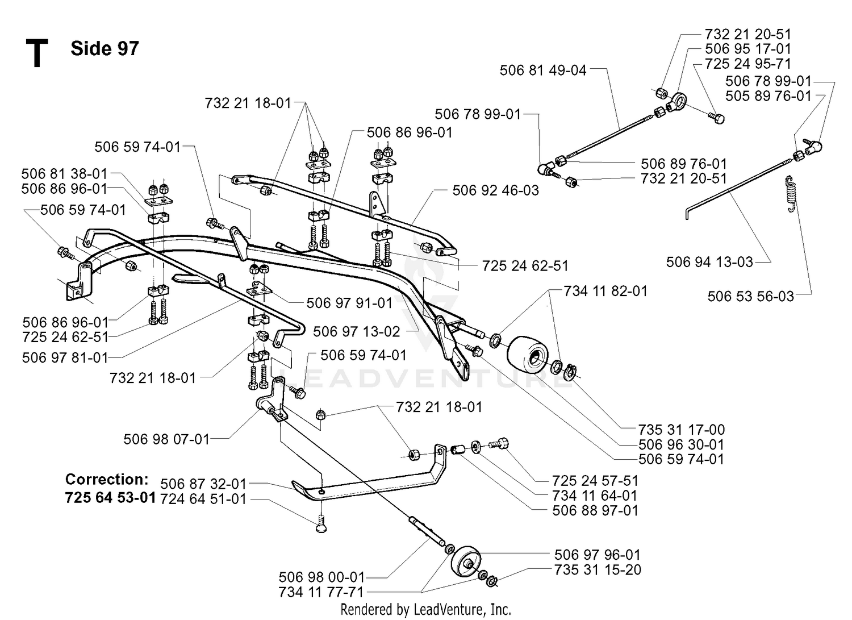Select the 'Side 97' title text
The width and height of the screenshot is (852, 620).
click(105, 49)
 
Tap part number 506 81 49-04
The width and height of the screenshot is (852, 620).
click(543, 70)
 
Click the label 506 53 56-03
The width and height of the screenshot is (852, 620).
click(750, 297)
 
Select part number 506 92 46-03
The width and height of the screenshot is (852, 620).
click(496, 190)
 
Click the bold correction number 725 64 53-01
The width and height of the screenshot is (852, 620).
click(110, 498)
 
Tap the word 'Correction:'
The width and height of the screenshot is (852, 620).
click(107, 479)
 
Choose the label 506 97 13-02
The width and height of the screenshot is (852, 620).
click(356, 332)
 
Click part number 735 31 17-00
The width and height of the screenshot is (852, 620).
click(681, 430)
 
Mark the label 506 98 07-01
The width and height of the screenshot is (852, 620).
click(166, 440)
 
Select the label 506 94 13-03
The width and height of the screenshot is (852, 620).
click(709, 262)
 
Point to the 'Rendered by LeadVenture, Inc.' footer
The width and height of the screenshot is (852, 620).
click(425, 610)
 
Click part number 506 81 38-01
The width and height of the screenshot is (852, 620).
click(64, 174)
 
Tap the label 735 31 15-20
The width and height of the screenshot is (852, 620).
click(598, 570)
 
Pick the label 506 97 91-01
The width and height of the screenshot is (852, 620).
click(349, 303)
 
